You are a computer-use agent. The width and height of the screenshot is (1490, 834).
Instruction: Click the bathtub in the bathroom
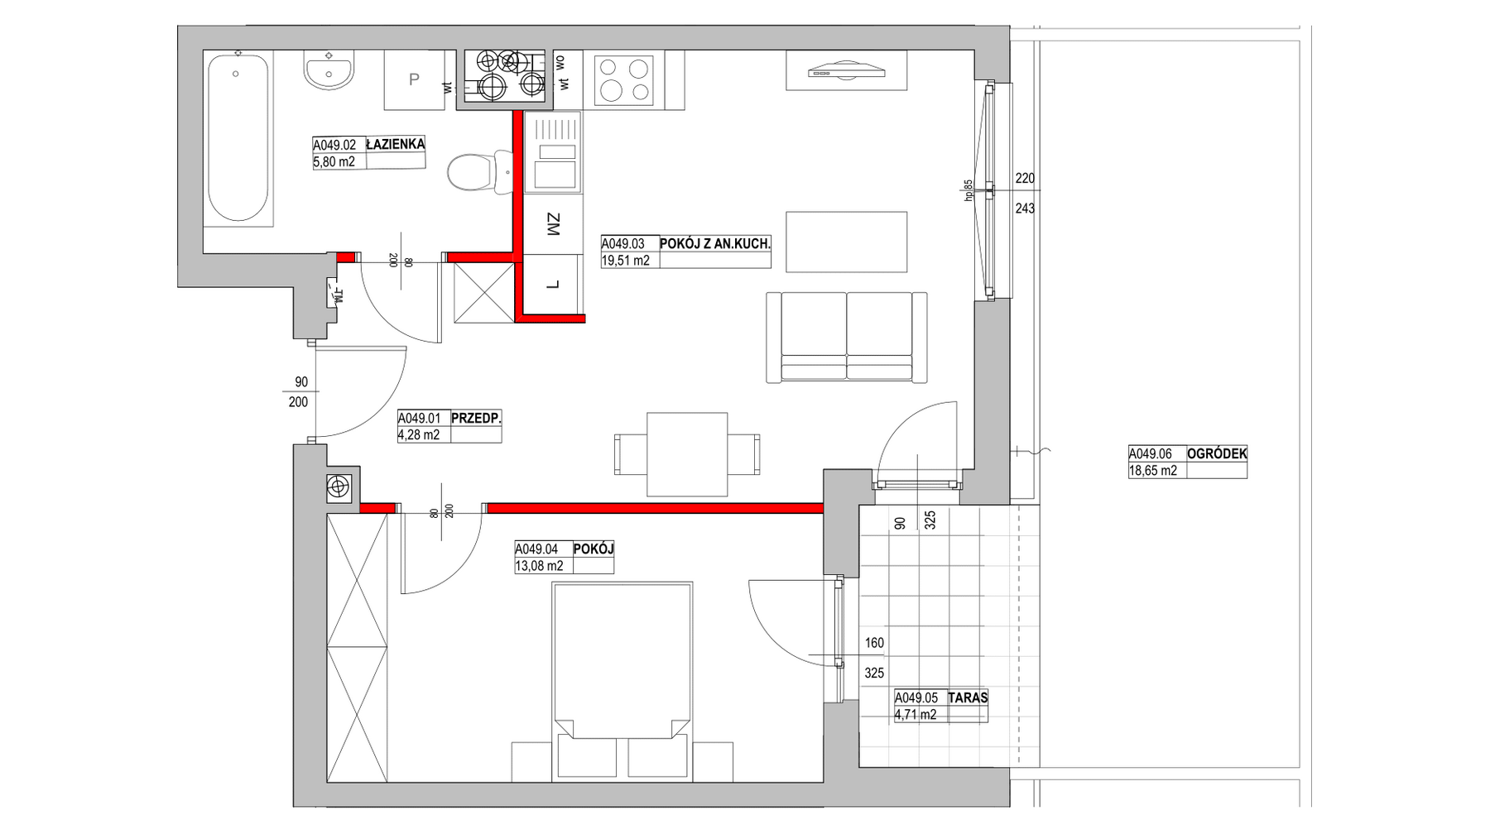point(238,138)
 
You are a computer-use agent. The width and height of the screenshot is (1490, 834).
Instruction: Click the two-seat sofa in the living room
point(846,337)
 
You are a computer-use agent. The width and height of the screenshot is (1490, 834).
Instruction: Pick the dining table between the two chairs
point(687,454)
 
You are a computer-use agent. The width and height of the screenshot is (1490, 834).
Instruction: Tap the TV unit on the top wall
point(846,70)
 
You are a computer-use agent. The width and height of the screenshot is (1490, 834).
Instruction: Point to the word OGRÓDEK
point(1217,453)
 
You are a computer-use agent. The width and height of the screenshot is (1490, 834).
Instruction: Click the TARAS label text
point(968,697)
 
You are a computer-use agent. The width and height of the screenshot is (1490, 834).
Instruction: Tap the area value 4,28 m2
point(419,434)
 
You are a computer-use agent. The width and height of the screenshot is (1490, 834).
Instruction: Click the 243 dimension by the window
point(1025,208)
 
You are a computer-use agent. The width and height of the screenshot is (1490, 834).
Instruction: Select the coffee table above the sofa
point(846,242)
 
